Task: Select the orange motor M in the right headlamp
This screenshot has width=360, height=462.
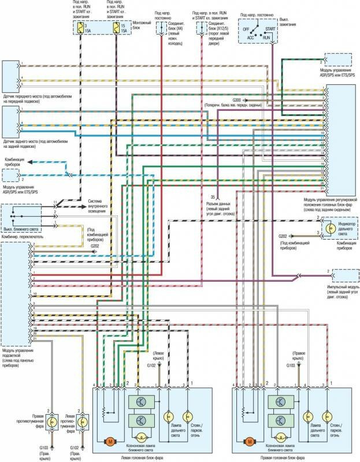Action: [x=250, y=441]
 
